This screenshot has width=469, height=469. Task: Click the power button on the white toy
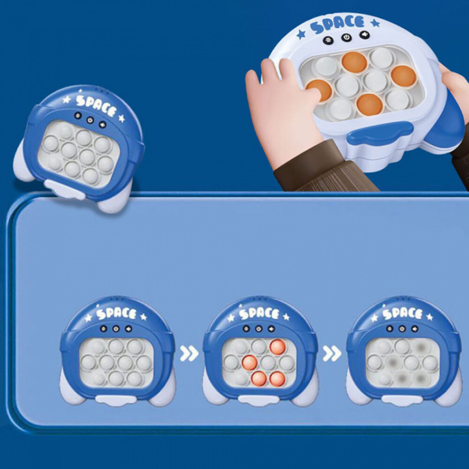(347, 38)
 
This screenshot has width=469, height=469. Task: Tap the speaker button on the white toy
(364, 35)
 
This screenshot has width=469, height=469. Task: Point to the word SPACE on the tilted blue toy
(95, 105)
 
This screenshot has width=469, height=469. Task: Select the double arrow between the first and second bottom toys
(189, 353)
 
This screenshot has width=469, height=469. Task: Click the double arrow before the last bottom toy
(332, 353)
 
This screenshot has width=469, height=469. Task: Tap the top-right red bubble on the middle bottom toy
(278, 347)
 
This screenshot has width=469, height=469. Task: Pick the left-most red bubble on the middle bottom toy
(250, 363)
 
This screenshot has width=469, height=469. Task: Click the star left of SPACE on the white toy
(301, 34)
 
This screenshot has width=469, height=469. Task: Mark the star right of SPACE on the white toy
(375, 23)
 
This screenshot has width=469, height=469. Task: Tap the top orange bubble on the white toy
(354, 62)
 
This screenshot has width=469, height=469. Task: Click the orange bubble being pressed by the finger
(319, 90)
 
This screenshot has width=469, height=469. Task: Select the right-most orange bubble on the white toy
(403, 76)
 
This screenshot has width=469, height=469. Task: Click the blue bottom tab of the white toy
(380, 132)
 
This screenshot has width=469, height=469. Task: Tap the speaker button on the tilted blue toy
(103, 124)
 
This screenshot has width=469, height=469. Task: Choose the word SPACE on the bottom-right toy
(402, 313)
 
